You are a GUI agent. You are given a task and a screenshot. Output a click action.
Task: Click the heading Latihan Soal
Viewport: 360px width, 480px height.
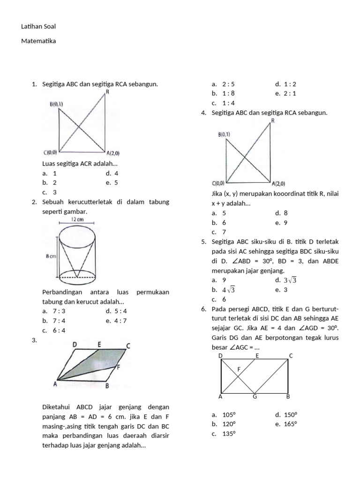[38, 27]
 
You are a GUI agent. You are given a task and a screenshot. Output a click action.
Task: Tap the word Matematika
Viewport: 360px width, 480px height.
[38, 41]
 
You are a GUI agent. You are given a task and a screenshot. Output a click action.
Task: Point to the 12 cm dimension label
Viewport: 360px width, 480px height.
[77, 219]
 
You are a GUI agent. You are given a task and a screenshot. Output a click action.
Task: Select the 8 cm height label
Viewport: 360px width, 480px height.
[50, 256]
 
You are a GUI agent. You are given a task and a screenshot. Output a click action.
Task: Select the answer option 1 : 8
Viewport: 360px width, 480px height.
[228, 93]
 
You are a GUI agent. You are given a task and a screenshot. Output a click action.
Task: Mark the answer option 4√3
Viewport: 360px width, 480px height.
[228, 290]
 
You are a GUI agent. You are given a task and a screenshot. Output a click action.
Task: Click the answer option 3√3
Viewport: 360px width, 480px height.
[290, 280]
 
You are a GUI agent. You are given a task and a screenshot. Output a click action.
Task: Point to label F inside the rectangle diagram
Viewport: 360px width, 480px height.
[239, 369]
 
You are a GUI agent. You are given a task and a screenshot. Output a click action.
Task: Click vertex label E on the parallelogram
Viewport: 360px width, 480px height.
[99, 345]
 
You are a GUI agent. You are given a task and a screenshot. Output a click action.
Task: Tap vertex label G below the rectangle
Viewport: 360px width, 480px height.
[255, 397]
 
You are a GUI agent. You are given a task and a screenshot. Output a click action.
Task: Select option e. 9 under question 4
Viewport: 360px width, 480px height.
[285, 223]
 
